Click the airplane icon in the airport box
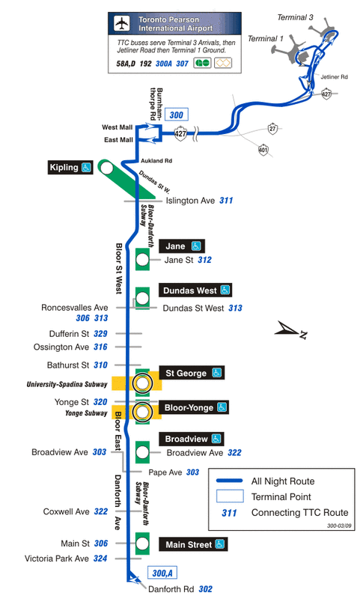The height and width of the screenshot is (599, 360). (x=122, y=24)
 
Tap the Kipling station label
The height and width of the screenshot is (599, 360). (x=70, y=167)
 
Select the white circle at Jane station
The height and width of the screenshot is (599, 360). (x=142, y=260)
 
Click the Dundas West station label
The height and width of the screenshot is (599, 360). (x=195, y=291)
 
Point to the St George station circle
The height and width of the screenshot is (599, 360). (x=142, y=383)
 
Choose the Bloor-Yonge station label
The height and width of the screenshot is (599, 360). (x=194, y=407)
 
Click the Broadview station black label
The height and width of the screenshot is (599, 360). (x=192, y=439)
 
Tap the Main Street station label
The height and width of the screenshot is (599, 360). (x=194, y=544)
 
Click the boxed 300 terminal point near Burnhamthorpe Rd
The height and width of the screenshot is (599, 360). (x=177, y=115)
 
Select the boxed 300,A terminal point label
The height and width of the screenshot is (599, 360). (x=162, y=573)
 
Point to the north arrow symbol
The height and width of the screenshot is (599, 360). (x=291, y=330)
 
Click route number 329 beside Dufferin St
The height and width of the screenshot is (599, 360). (x=100, y=333)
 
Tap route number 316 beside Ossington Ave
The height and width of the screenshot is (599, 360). (x=100, y=347)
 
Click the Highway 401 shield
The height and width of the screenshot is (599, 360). (x=263, y=149)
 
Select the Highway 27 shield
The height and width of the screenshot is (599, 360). (x=272, y=128)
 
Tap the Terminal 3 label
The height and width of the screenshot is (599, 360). (x=295, y=17)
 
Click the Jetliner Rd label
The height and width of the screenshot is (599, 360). (x=334, y=77)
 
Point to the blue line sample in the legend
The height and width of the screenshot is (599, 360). (x=230, y=481)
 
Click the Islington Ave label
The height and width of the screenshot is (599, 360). (x=190, y=201)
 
